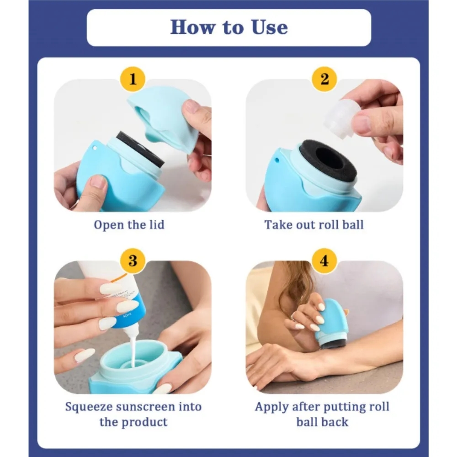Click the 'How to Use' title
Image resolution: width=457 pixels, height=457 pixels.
pos(229,27)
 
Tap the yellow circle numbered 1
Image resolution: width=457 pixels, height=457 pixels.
pos(133,79)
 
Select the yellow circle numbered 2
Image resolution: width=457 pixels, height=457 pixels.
pos(324,79)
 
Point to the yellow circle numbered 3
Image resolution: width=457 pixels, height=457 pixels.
pos(133,261)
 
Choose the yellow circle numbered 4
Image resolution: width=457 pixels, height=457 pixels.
pos(324,261)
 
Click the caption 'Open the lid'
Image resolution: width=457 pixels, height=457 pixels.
pos(129,224)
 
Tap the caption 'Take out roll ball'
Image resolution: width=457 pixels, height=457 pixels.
pos(314,224)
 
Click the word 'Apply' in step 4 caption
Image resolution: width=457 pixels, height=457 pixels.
pos(273,406)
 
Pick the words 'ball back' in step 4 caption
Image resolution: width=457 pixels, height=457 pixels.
pos(323,421)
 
